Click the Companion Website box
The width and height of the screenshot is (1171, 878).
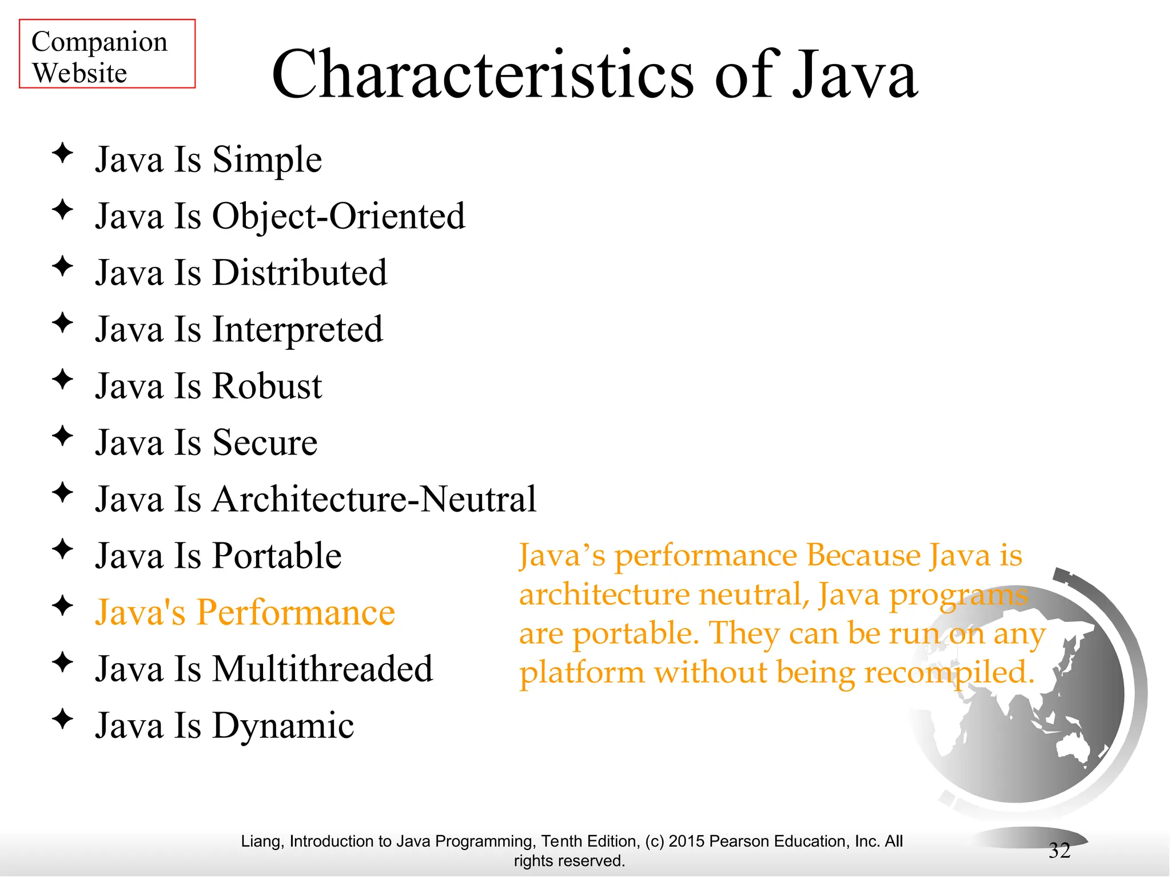(107, 54)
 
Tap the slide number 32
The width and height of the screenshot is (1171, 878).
(1059, 851)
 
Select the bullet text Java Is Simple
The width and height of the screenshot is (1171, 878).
(208, 159)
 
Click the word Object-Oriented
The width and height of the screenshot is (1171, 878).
(338, 217)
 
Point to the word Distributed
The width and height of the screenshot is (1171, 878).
(300, 273)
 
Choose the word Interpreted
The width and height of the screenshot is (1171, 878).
(297, 330)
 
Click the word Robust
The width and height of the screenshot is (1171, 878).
(267, 386)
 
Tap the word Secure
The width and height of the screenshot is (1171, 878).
(265, 443)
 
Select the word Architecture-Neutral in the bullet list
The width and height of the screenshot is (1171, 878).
(374, 499)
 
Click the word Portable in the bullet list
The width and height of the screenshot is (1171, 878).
(277, 556)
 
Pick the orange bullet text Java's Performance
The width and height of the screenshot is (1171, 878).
(245, 612)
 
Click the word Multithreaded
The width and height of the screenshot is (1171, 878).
(322, 669)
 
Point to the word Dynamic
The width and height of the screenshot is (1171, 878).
(283, 726)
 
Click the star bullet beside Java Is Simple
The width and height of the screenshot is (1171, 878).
(62, 153)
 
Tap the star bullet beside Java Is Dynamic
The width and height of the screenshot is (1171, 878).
(62, 719)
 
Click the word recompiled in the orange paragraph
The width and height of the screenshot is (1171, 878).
(949, 672)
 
